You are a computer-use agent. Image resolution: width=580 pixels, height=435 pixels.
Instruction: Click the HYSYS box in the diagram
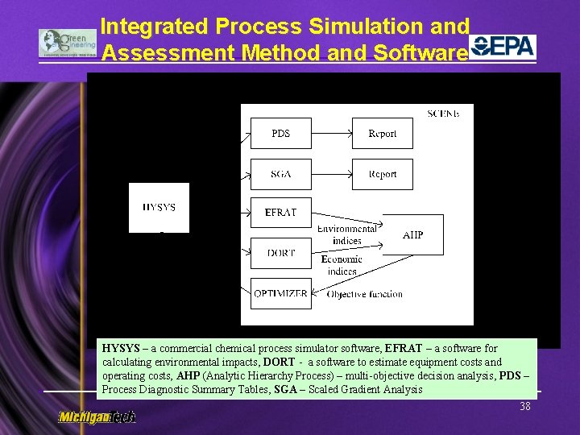click(x=159, y=208)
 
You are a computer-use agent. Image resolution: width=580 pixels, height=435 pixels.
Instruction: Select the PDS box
click(x=280, y=134)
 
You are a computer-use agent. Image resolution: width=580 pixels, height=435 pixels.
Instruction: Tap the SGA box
click(x=280, y=174)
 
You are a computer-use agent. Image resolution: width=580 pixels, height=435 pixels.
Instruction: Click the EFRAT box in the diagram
click(x=280, y=213)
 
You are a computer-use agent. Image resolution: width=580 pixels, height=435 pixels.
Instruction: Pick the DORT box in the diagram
click(x=280, y=253)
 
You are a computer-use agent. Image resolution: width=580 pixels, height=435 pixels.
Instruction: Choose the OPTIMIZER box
click(x=280, y=293)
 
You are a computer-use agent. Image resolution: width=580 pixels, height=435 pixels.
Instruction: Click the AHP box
click(x=412, y=234)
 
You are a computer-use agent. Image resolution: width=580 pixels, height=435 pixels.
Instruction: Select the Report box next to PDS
click(x=382, y=134)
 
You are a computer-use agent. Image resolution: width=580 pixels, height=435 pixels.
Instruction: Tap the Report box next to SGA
click(x=382, y=174)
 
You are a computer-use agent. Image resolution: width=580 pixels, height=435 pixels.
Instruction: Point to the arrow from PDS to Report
click(x=331, y=134)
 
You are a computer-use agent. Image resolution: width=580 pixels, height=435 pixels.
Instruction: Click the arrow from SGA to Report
click(x=331, y=174)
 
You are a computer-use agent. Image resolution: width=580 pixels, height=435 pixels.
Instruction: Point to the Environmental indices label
click(x=346, y=234)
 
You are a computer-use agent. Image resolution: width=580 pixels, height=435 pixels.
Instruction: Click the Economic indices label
click(x=342, y=265)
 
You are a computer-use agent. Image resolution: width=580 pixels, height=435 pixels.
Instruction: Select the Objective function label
click(x=364, y=294)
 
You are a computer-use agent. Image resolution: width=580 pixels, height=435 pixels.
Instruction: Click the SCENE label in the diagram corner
click(x=444, y=114)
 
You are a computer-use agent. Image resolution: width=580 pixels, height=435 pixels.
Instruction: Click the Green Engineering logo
click(x=68, y=43)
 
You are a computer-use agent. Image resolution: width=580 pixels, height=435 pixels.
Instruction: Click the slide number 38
click(x=525, y=407)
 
